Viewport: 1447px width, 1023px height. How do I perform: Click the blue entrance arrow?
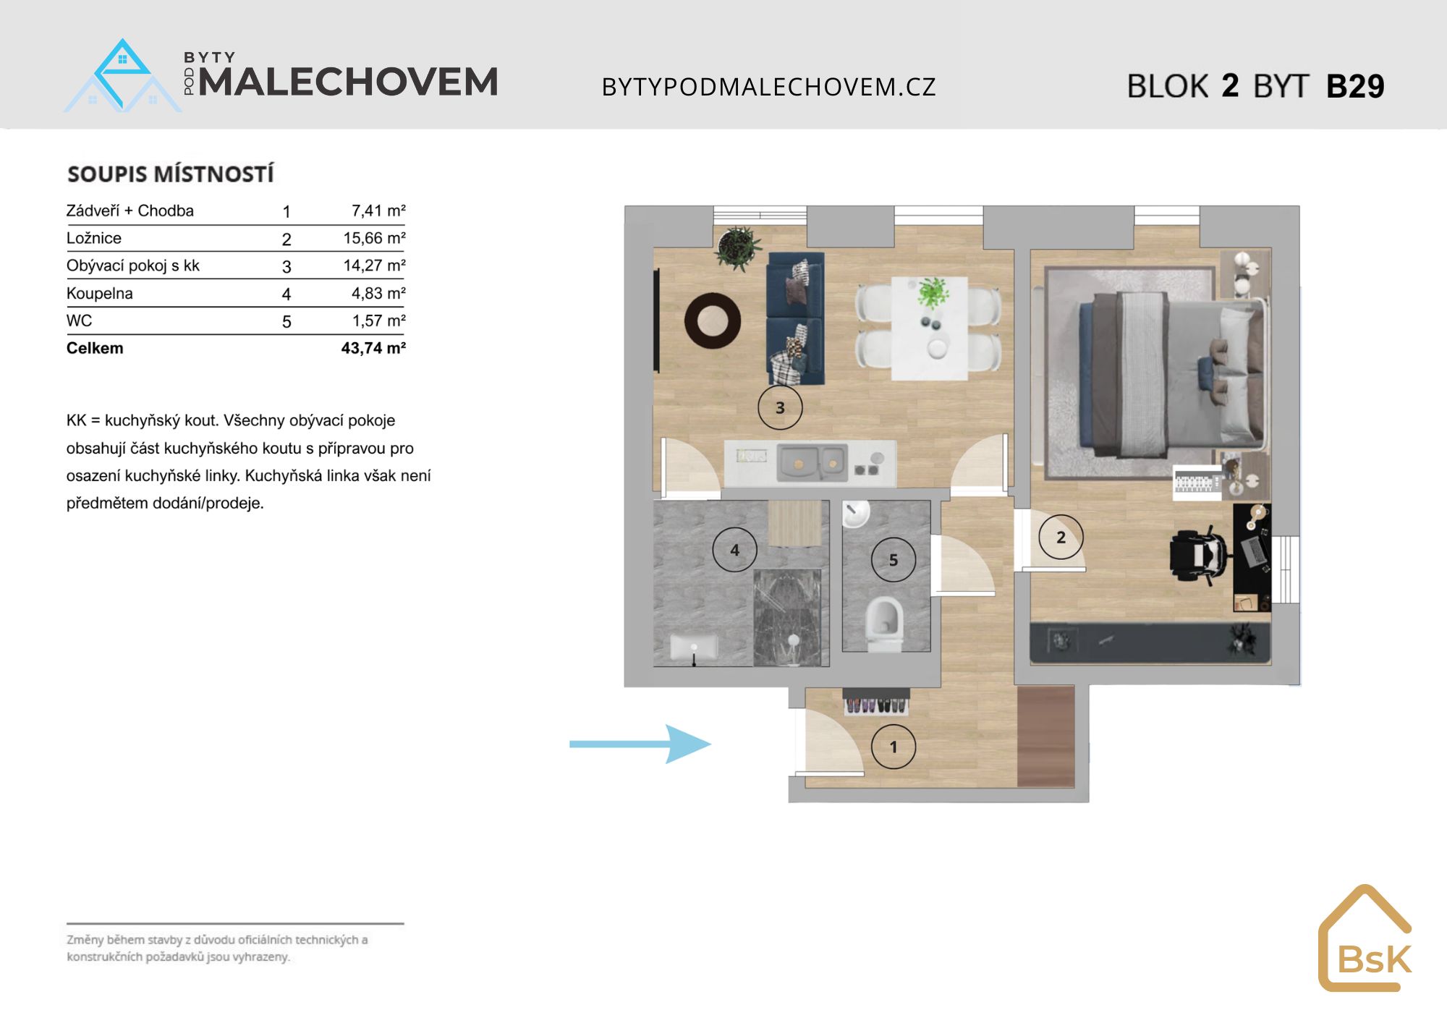640,744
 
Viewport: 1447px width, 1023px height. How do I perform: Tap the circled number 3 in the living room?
780,407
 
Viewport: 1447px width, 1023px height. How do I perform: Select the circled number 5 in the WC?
894,559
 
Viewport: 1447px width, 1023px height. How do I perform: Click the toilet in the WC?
884,624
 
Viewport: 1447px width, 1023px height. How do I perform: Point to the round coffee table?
713,321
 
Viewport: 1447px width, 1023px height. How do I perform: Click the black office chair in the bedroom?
1199,556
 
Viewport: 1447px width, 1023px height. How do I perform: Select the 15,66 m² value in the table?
374,238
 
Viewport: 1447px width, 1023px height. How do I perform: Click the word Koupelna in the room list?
100,293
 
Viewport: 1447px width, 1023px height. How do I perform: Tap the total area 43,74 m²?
373,348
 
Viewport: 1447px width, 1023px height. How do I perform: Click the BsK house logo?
1365,938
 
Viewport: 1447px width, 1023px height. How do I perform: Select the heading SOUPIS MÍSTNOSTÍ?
171,174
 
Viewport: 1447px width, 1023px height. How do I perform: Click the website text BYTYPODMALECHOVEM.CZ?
769,87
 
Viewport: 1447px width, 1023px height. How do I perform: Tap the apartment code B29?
1355,86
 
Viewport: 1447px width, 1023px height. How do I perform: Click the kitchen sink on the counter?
811,462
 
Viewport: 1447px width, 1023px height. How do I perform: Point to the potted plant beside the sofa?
737,248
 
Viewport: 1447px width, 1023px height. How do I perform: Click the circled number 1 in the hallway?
894,747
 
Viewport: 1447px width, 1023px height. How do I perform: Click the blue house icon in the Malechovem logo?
123,76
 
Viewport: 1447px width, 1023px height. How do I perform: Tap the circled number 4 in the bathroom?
734,550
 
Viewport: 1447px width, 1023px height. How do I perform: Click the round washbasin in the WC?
855,514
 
